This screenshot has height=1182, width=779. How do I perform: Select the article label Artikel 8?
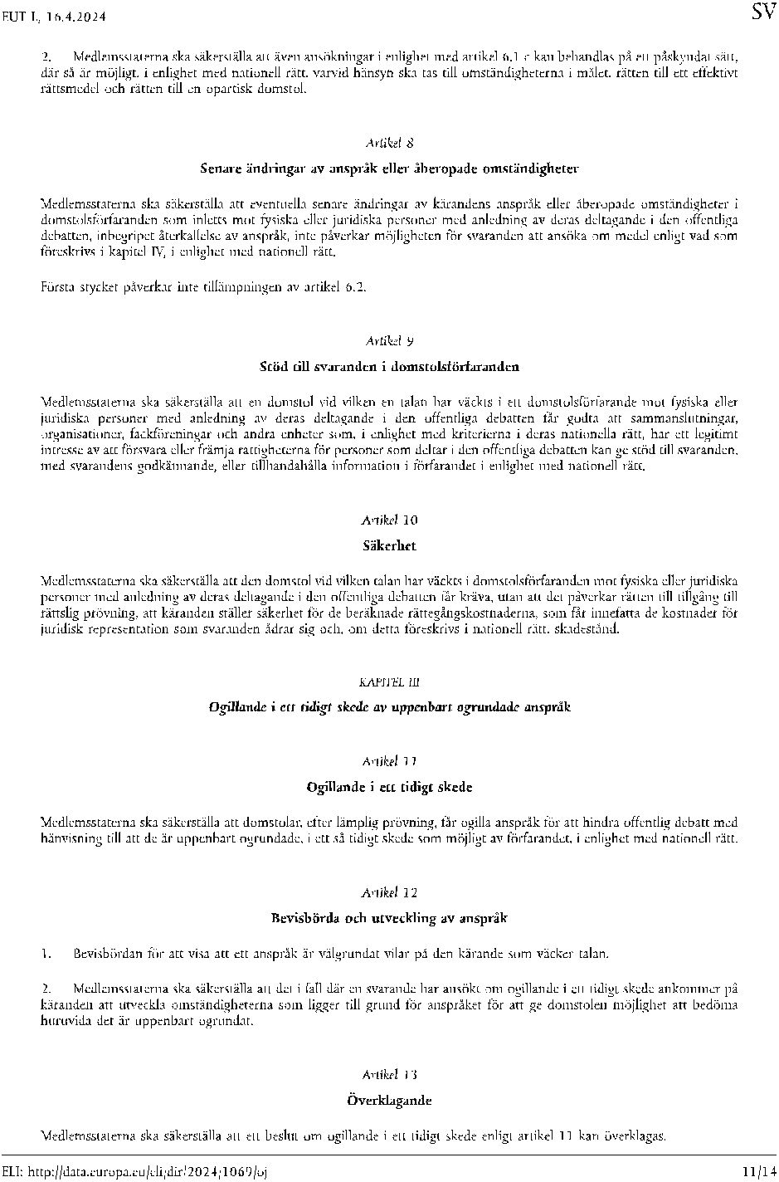389,143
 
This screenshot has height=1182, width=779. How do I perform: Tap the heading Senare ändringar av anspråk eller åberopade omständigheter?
389,169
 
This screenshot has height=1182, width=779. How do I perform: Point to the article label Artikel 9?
389,340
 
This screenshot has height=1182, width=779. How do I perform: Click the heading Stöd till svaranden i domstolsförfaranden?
389,366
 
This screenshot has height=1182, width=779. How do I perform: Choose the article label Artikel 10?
389,520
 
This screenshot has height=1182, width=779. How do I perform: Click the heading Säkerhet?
389,546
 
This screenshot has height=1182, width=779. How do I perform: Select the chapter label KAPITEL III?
389,681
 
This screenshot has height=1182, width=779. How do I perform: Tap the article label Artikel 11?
389,761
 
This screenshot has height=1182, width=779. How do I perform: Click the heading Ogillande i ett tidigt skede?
389,787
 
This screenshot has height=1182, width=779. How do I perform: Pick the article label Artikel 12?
389,892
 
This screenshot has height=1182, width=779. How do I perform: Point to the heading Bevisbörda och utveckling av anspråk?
389,918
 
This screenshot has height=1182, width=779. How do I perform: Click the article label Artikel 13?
389,1075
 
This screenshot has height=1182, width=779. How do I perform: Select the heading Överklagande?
389,1101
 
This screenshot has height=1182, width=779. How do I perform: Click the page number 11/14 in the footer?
758,1171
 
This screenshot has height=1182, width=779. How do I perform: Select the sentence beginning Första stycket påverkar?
203,287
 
